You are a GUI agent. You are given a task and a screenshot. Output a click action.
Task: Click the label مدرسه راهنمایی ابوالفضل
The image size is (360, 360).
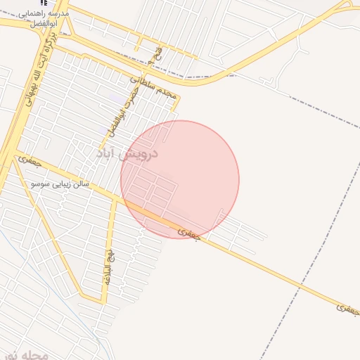point(48,18)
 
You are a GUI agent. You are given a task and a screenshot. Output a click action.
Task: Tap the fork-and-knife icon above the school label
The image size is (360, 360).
point(45,3)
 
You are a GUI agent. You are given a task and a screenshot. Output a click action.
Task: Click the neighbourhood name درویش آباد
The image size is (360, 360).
point(127,153)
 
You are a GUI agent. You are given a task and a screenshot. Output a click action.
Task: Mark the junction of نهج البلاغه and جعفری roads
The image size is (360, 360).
point(114,198)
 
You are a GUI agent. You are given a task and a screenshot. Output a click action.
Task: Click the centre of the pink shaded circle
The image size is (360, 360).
point(180,179)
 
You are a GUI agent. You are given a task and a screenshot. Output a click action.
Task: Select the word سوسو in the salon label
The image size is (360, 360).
point(39,184)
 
